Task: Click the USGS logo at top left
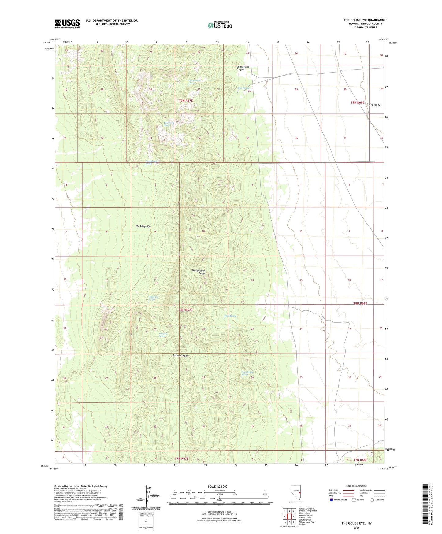coord(67,24)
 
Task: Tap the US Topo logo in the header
coord(220,25)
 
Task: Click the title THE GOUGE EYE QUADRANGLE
coord(365,20)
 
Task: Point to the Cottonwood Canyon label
coord(243,68)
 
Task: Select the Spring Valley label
coord(373,105)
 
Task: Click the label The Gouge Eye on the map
coord(143,226)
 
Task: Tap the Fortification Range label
coord(199,272)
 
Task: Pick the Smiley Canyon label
coord(180,356)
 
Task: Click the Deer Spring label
coord(243,88)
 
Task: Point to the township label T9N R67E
coord(186,101)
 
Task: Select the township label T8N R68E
coord(360,303)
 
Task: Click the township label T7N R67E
coord(182,458)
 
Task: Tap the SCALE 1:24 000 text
coord(217,486)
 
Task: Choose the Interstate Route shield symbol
coord(332,500)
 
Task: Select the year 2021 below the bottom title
coord(356,528)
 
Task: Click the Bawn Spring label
coord(230,316)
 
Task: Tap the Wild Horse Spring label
coord(167,124)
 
